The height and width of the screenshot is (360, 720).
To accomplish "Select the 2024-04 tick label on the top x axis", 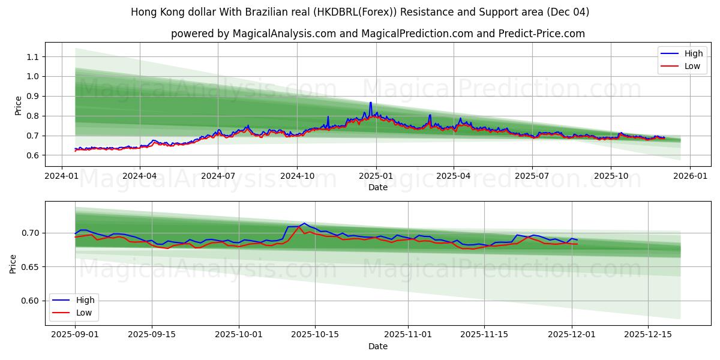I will [140, 176].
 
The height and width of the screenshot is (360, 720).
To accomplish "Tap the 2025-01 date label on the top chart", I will [376, 176].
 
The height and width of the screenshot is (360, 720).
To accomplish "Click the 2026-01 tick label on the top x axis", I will [689, 176].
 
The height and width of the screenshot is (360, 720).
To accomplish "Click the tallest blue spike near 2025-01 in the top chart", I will [370, 103].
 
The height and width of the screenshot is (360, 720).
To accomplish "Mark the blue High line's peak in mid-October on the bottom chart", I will [304, 223].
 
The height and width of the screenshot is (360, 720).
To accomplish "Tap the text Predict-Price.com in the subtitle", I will [541, 34].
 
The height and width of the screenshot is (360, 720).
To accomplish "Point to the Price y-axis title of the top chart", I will [18, 106].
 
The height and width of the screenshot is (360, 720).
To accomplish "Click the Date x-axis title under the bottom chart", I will [378, 346].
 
